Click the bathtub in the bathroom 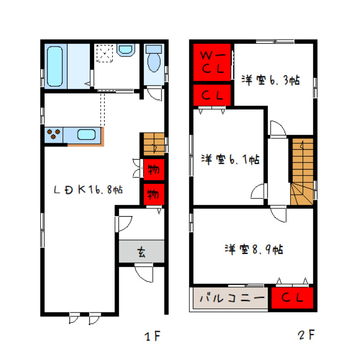pyautogui.click(x=55, y=66)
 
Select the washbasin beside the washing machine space pyautogui.click(x=125, y=50)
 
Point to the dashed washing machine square pyautogui.click(x=105, y=53)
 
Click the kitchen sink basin pyautogui.click(x=86, y=134)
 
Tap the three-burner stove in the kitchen pyautogui.click(x=54, y=134)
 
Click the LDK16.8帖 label pyautogui.click(x=88, y=190)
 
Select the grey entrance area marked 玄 pyautogui.click(x=141, y=251)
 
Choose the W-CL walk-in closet pyautogui.click(x=212, y=62)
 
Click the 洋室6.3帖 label pyautogui.click(x=270, y=80)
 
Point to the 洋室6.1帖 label pyautogui.click(x=230, y=159)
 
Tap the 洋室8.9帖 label pyautogui.click(x=254, y=249)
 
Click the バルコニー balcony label pyautogui.click(x=232, y=298)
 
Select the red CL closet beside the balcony pyautogui.click(x=292, y=298)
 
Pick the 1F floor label pyautogui.click(x=152, y=336)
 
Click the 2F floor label pyautogui.click(x=306, y=335)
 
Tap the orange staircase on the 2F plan pyautogui.click(x=302, y=172)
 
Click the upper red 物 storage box pyautogui.click(x=154, y=170)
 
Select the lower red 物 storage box pyautogui.click(x=154, y=194)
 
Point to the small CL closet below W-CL pyautogui.click(x=212, y=95)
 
